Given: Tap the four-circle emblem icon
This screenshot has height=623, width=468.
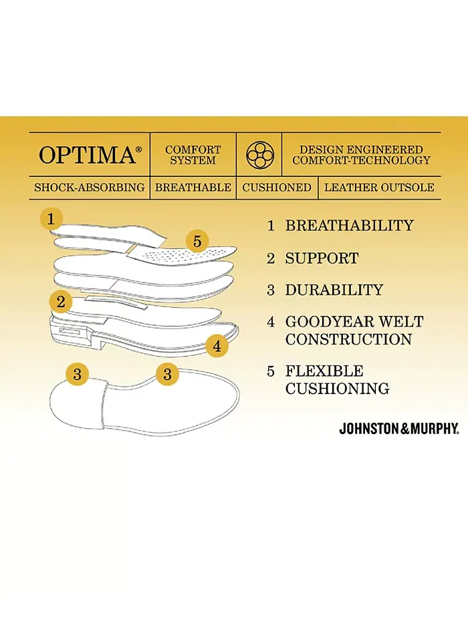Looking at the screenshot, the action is point(260,154).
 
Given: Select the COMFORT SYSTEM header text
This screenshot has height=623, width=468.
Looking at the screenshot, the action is point(193,155).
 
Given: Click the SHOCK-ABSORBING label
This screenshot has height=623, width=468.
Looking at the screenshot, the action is point(90,187).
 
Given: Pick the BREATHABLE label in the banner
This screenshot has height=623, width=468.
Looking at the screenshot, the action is point(193,187).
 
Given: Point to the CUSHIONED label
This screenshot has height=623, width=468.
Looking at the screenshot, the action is point(277,187).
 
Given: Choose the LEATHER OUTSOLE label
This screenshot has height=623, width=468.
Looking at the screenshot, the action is point(379,187).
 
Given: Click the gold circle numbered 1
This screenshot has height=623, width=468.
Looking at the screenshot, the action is point(51,218).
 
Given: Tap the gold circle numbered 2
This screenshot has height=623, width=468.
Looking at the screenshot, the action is point(60,302).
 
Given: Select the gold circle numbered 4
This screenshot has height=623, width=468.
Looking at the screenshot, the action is point(217,347).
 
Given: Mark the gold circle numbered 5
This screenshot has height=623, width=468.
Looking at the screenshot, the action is point(197,241).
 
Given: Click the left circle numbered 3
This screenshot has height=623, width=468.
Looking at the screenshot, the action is point(77,375).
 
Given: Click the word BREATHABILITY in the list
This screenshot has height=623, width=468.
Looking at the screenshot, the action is point(350,225).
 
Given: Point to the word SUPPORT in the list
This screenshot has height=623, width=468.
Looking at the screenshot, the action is point(322,258).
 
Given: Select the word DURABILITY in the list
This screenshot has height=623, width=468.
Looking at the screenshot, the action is point(334,290).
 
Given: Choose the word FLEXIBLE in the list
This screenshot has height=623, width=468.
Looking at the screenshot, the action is point(324,371).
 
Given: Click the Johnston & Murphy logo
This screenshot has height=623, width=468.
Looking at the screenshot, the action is point(399,429).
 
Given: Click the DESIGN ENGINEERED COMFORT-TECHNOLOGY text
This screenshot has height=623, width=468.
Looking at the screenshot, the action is point(361,155).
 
